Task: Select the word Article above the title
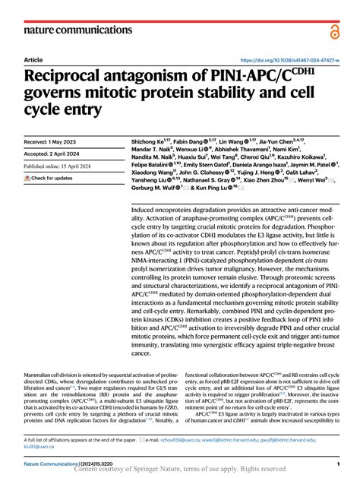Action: tap(33, 59)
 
